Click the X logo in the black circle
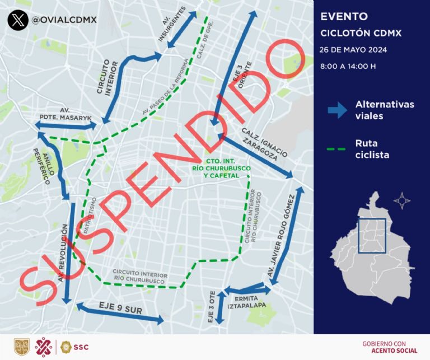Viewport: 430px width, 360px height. point(18,20)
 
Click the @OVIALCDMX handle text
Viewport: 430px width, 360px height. point(64,20)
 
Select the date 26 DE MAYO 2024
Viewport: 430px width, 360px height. point(353,49)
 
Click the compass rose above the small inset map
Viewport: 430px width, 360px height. point(403,199)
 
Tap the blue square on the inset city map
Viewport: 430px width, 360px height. point(371,235)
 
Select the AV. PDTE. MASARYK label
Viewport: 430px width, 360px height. point(71,114)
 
